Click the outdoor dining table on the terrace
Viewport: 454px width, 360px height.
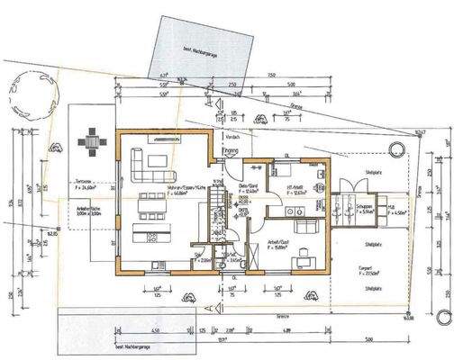pyautogui.click(x=92, y=141)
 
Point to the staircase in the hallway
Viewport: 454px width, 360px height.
pyautogui.click(x=220, y=221)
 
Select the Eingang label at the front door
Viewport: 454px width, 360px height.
pyautogui.click(x=231, y=151)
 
